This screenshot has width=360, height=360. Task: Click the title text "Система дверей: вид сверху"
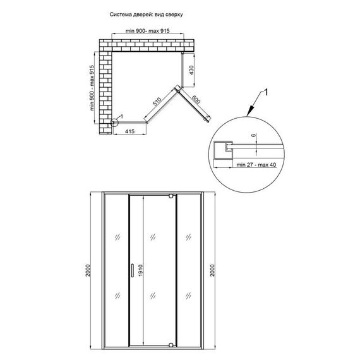pos(146,15)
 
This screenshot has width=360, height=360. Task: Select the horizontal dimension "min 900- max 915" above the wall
pos(148,31)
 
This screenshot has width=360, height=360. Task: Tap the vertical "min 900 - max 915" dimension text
pos(92,88)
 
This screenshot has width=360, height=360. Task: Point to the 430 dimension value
pos(191,70)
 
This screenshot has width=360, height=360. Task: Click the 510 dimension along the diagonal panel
pos(157,101)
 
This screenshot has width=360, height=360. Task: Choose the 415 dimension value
pos(130,131)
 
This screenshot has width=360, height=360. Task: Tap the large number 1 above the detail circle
pos(266,92)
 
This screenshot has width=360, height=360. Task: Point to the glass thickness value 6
pos(253,135)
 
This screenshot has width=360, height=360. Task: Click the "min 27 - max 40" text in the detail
pos(256,165)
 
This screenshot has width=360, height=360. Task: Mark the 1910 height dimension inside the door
pos(140,270)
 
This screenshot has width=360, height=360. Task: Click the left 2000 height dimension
pos(88,270)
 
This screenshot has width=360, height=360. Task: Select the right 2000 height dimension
pos(213,270)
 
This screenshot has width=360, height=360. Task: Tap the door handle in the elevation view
pos(132,270)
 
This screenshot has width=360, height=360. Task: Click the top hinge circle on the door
pos(171,196)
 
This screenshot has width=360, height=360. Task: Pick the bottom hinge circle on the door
pos(171,345)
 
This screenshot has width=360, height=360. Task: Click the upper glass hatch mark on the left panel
pos(117,237)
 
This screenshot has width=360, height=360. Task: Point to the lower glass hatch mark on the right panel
pos(188,296)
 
